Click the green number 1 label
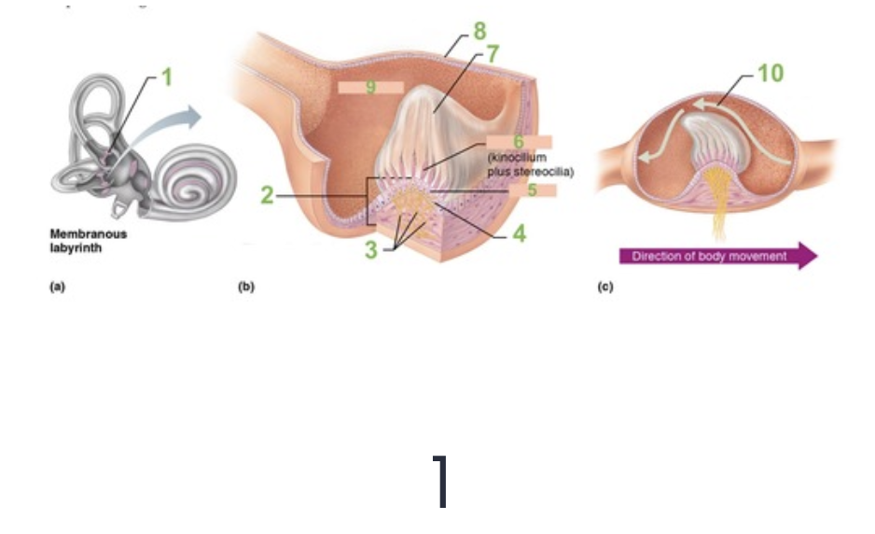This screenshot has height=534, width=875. pos(167,78)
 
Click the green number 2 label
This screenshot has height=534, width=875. pos(268,196)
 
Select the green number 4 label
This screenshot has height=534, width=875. pos(519,233)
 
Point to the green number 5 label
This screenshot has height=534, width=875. pos(532,190)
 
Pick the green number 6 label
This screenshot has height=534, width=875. pos(519,142)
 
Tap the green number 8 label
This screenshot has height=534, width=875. pos(480,31)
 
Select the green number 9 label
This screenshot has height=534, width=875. pos(370,87)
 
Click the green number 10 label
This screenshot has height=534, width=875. pos(770,73)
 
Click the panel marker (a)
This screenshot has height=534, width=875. pos(57,288)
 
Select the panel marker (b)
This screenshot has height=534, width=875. pos(245,288)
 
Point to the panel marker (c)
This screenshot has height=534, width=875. pos(604,288)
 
